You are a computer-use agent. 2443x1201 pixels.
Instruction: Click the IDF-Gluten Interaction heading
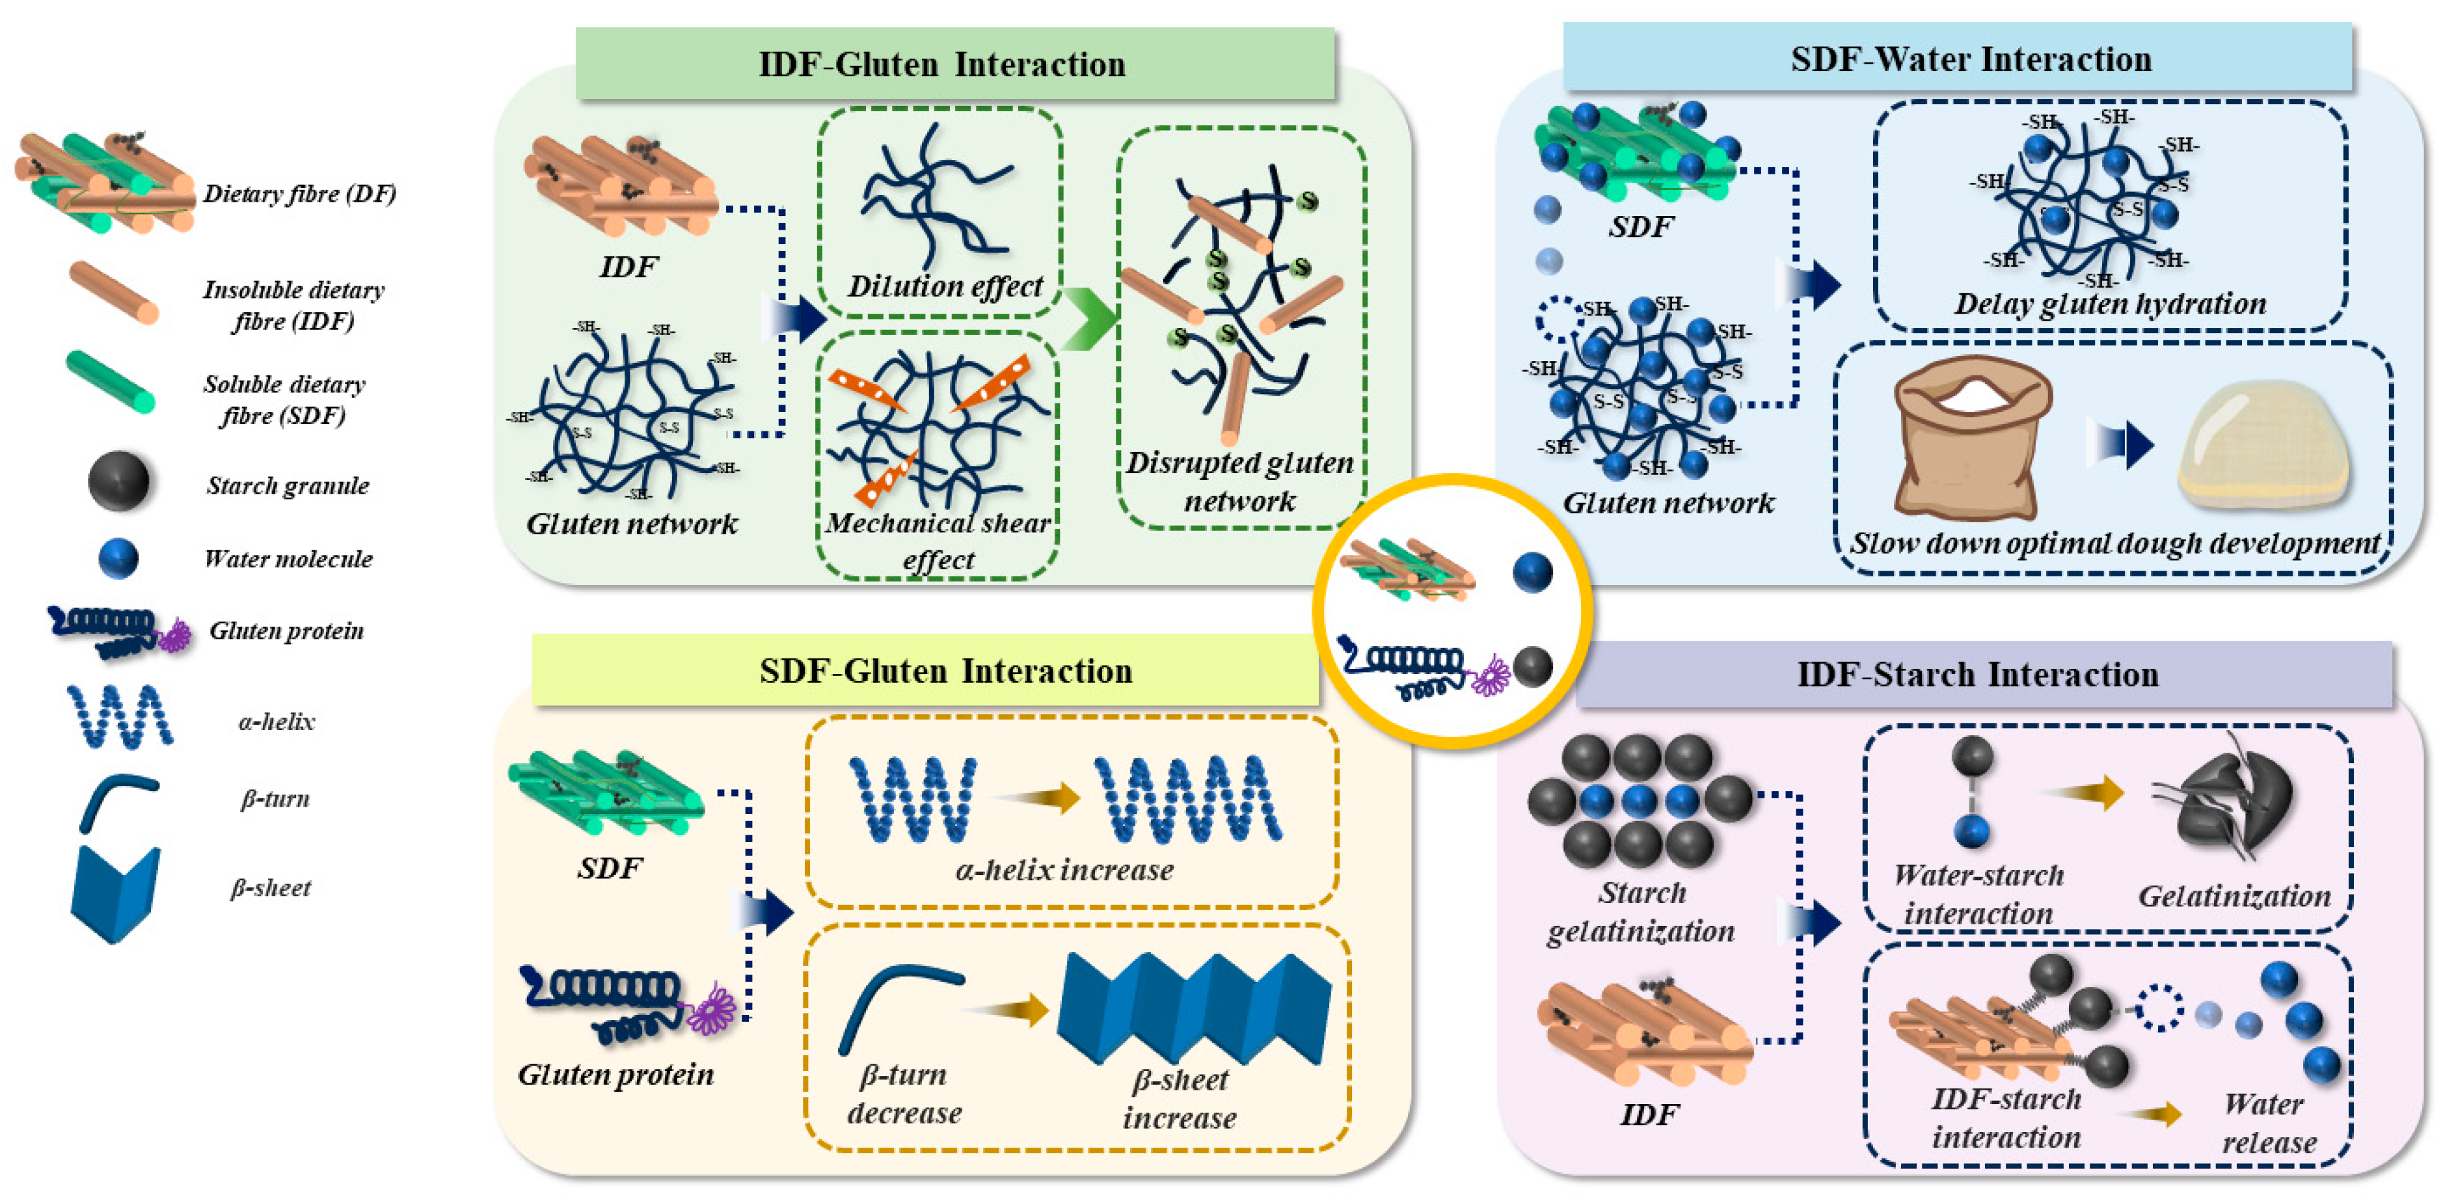click(941, 64)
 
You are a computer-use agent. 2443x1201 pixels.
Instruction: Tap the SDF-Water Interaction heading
click(1970, 59)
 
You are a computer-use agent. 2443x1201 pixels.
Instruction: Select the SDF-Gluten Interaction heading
click(945, 671)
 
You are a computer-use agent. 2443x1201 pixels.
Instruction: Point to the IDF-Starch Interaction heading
click(1977, 675)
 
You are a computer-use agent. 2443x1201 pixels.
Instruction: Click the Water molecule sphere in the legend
click(118, 559)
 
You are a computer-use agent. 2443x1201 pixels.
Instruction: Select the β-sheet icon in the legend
click(116, 892)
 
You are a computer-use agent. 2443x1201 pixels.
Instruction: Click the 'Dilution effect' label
click(945, 286)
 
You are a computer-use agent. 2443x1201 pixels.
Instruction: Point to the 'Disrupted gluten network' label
click(1239, 481)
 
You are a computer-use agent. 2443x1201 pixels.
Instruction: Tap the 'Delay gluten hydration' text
click(2109, 304)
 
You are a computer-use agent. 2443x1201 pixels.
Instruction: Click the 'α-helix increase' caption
click(1064, 869)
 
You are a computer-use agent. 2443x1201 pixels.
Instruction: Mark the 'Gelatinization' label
click(2234, 895)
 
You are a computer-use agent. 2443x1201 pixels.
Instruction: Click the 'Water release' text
click(2267, 1123)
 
